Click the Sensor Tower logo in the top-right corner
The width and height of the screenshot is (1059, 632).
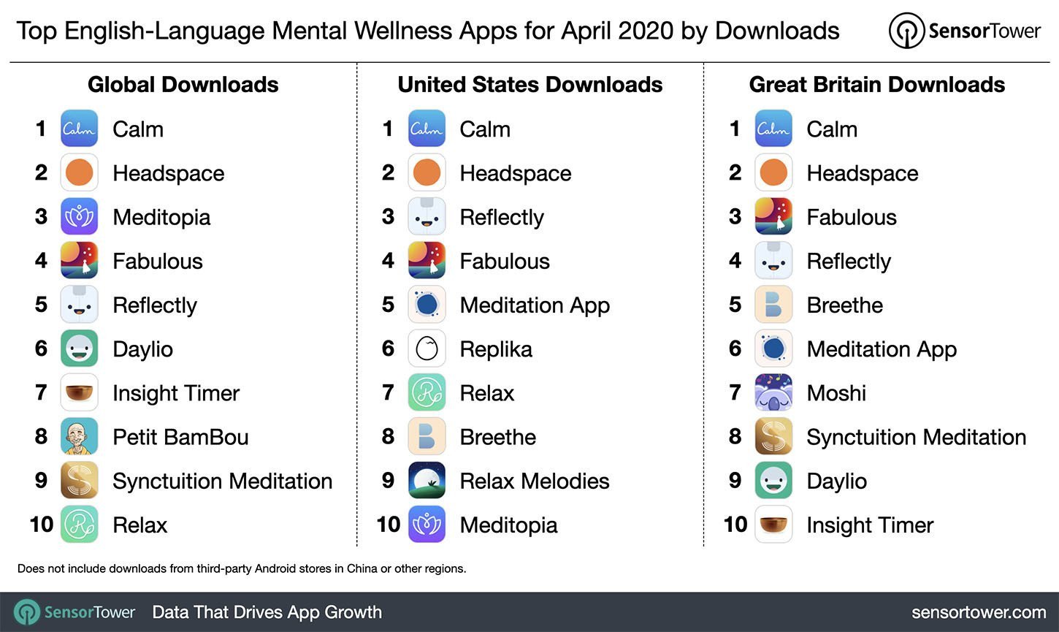pos(964,31)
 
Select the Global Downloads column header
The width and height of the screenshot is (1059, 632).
pos(183,85)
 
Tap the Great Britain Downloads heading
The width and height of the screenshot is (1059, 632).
pos(876,85)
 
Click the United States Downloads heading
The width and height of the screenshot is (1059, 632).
pos(529,85)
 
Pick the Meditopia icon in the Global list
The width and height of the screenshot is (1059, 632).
pos(79,217)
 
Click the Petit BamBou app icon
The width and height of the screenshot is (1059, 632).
pos(79,437)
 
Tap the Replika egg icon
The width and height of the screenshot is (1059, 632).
pos(427,349)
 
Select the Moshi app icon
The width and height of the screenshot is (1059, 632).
pos(773,393)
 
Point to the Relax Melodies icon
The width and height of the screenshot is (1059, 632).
pos(427,481)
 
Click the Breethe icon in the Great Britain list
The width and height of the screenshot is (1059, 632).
pos(773,305)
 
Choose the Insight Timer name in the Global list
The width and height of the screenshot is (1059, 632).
pos(176,393)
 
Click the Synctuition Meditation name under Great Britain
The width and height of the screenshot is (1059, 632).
pos(916,437)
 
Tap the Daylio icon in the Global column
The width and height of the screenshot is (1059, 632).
pos(79,349)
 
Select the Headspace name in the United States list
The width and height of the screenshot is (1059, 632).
pos(515,173)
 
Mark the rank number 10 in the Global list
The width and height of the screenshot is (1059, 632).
pos(42,525)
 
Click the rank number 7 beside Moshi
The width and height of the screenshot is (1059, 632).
pos(735,393)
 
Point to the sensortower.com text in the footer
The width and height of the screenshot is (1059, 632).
pos(979,612)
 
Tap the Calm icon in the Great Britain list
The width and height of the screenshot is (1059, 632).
pos(773,129)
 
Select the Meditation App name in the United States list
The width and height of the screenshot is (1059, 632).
pos(535,305)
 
